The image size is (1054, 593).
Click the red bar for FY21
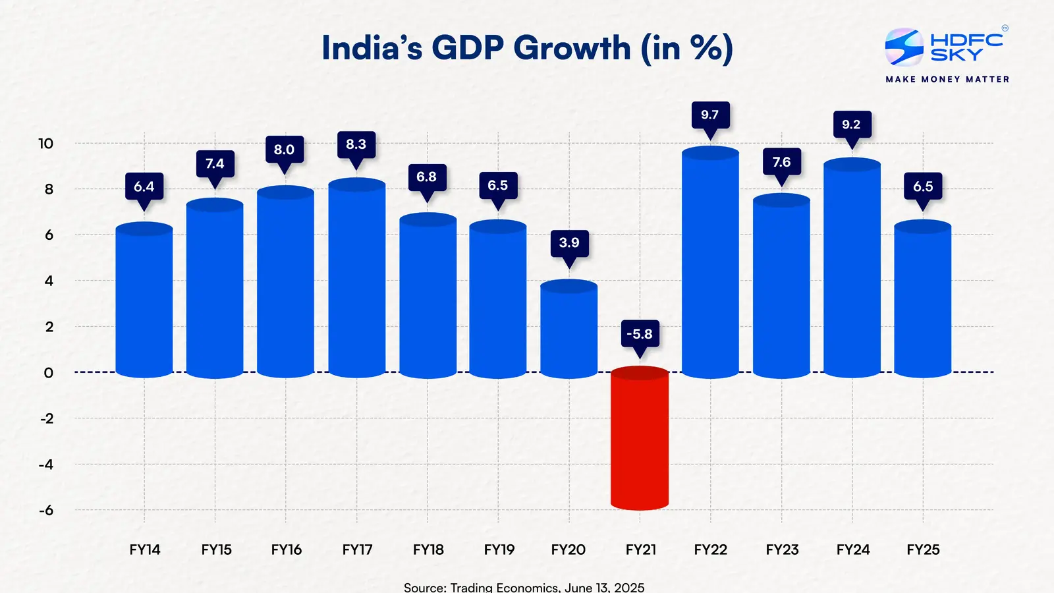(x=639, y=438)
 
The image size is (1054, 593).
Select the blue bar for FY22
(x=710, y=264)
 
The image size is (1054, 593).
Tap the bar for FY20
(x=569, y=329)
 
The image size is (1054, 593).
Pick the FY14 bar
(x=144, y=300)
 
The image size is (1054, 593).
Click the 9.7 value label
(x=709, y=115)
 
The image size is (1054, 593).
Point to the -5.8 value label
(x=639, y=334)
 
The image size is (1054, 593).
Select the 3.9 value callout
(x=569, y=242)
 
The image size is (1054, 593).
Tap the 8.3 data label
(x=356, y=144)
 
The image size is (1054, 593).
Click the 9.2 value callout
(x=851, y=125)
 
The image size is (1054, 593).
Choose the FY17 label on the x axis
(x=357, y=550)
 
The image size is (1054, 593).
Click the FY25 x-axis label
(x=923, y=550)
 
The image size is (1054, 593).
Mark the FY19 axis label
(x=499, y=550)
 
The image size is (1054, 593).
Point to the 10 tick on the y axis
(x=45, y=144)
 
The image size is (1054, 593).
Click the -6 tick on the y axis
(x=45, y=511)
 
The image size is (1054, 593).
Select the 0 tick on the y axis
(x=48, y=373)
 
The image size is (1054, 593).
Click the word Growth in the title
(x=572, y=48)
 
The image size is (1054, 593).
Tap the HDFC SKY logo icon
(x=904, y=47)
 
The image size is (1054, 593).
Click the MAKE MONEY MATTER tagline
(x=947, y=79)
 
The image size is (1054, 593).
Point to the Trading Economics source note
(x=524, y=586)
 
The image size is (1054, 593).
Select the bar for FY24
(x=852, y=270)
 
